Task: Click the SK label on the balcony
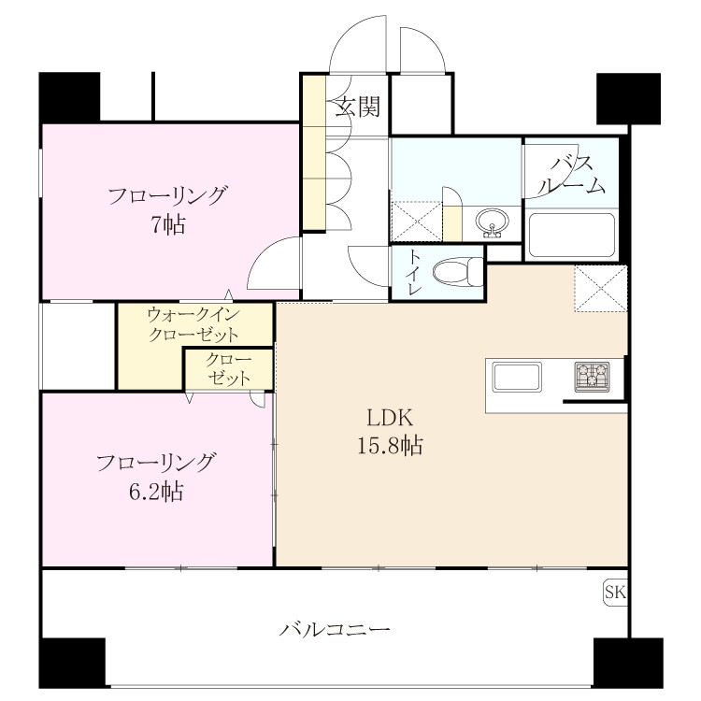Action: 615,593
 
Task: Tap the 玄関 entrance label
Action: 358,107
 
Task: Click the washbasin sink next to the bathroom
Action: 492,222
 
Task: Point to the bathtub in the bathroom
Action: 570,236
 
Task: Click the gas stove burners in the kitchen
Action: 592,377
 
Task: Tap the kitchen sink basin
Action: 517,377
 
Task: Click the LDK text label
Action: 390,418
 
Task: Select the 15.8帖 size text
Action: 390,445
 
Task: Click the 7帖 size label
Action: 167,224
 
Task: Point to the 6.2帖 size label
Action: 156,492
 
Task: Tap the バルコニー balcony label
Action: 335,630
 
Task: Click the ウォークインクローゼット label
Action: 193,324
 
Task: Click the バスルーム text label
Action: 571,176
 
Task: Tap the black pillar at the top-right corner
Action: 629,99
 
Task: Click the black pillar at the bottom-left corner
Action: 72,663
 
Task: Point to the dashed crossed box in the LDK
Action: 601,289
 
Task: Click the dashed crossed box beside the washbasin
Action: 417,222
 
